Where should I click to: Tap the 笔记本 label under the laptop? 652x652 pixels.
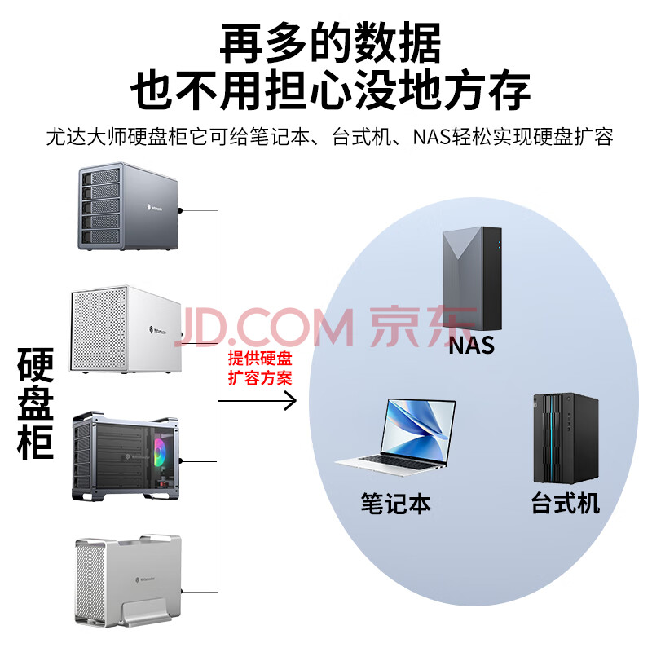395,503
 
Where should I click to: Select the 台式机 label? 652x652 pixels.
565,503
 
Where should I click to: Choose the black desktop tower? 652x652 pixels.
566,437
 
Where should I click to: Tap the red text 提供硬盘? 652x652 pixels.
260,359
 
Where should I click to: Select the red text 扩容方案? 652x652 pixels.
260,378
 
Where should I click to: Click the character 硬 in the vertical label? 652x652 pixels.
36,367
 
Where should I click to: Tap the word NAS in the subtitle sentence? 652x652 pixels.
440,136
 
